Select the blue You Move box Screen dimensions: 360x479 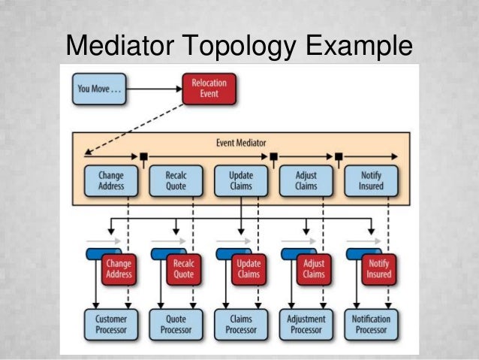coord(98,89)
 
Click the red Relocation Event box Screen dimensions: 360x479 coord(209,89)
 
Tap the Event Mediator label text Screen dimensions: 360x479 coord(240,142)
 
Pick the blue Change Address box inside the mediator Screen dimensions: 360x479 coord(110,181)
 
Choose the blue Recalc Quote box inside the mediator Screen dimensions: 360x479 coord(175,181)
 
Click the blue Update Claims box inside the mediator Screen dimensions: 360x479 coord(240,181)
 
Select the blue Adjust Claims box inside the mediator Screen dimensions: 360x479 coord(305,181)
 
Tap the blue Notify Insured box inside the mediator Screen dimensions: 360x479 coord(370,181)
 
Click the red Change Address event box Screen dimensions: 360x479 coord(118,269)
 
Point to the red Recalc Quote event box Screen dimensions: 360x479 coord(183,269)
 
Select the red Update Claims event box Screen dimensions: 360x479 coord(248,269)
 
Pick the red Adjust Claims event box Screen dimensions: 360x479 coord(313,269)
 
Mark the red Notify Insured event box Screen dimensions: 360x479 coord(378,269)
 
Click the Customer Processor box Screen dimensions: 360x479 coord(110,325)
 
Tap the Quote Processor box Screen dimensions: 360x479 coord(175,325)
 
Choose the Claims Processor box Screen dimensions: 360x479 coord(240,325)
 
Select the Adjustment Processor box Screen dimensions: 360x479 coord(305,325)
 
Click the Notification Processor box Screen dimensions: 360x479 coord(370,325)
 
